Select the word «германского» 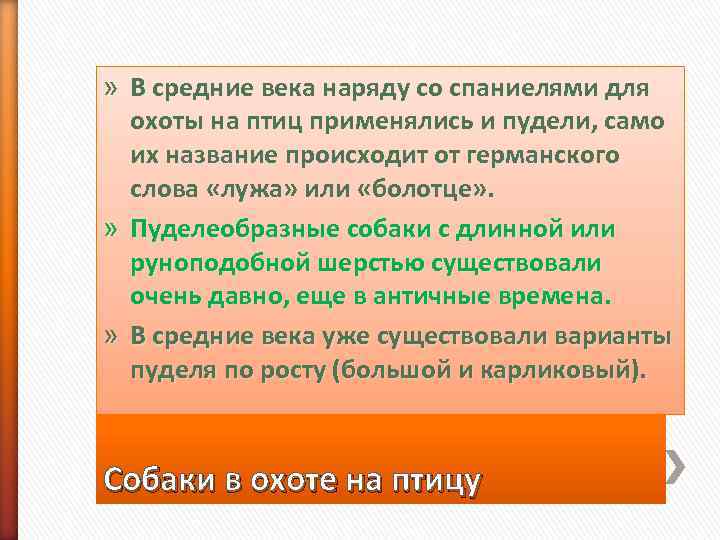tap(555, 157)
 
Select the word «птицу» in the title tap(427, 481)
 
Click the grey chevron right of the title tap(677, 462)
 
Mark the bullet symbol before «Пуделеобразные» tap(114, 228)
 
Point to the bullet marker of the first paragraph tap(114, 88)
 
